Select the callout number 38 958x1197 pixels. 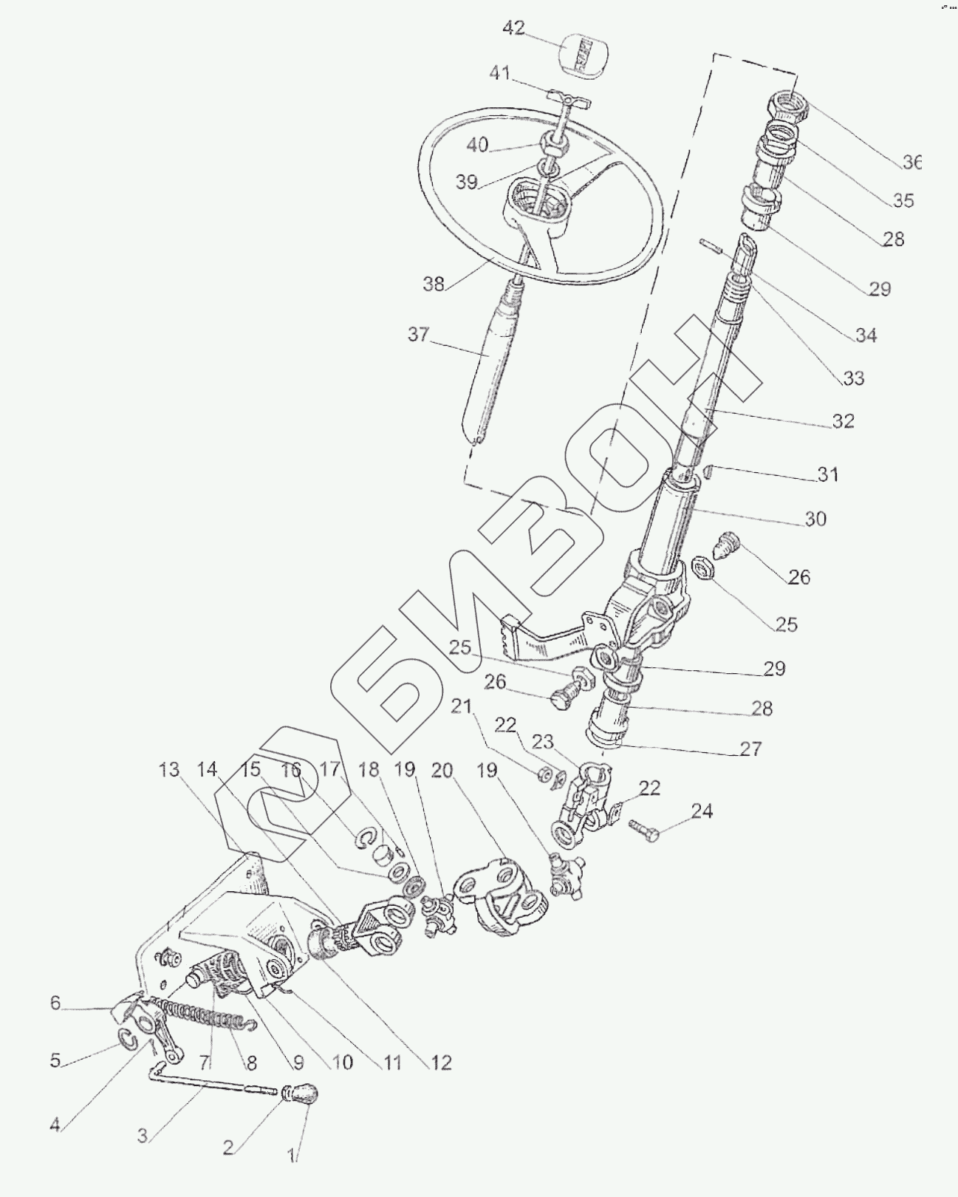[x=434, y=283]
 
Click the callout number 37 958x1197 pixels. [x=418, y=335]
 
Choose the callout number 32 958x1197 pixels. [x=843, y=421]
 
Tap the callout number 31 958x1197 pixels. [x=828, y=474]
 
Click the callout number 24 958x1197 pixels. [x=702, y=811]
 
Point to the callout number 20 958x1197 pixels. [x=442, y=771]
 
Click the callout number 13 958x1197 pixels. [x=169, y=770]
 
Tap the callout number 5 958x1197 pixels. [x=55, y=1060]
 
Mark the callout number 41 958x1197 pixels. [x=501, y=74]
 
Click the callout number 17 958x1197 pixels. [x=329, y=771]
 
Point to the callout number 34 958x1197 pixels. [x=866, y=335]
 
